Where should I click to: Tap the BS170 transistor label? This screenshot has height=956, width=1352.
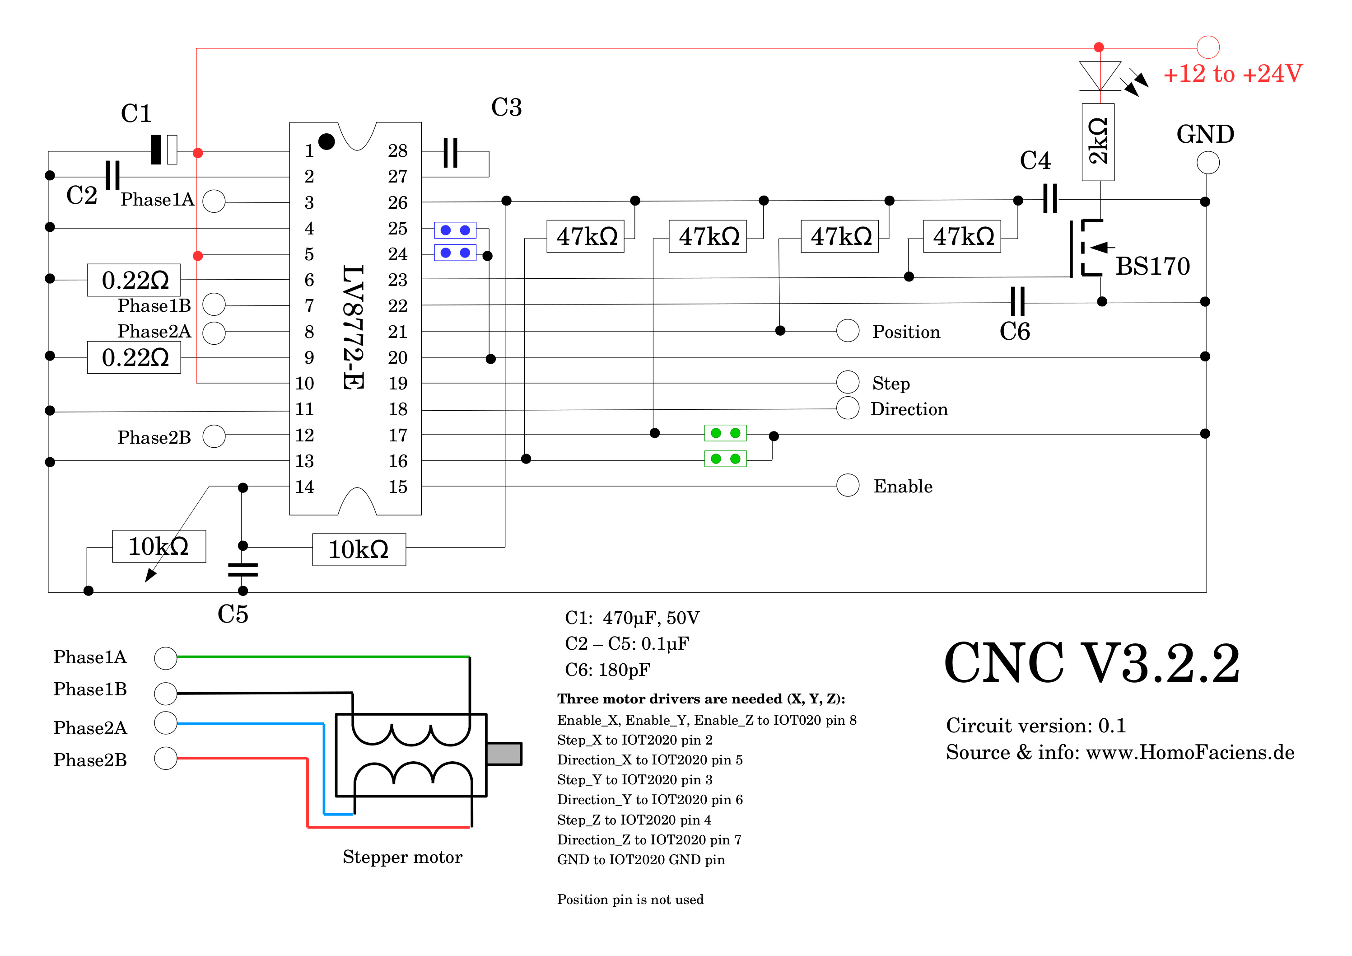point(1152,266)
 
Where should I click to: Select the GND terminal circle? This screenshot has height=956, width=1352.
point(1208,163)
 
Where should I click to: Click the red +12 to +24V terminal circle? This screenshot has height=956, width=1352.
point(1208,47)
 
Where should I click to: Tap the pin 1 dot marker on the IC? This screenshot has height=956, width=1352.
point(326,141)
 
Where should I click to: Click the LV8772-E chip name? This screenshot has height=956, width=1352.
point(353,327)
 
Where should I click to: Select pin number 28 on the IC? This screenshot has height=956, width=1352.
point(397,151)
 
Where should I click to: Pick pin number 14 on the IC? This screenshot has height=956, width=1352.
point(304,487)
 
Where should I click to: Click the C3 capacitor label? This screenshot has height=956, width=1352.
point(506,107)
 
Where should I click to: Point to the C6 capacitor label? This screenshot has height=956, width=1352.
point(1015,332)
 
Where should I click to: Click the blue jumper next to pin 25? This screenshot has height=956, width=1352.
point(455,230)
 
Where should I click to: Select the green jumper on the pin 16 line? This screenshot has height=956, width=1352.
point(726,459)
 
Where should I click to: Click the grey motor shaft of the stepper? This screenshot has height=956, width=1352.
point(504,754)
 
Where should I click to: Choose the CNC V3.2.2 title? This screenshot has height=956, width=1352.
point(1092,663)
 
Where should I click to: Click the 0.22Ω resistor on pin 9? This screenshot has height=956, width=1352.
point(134,357)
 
